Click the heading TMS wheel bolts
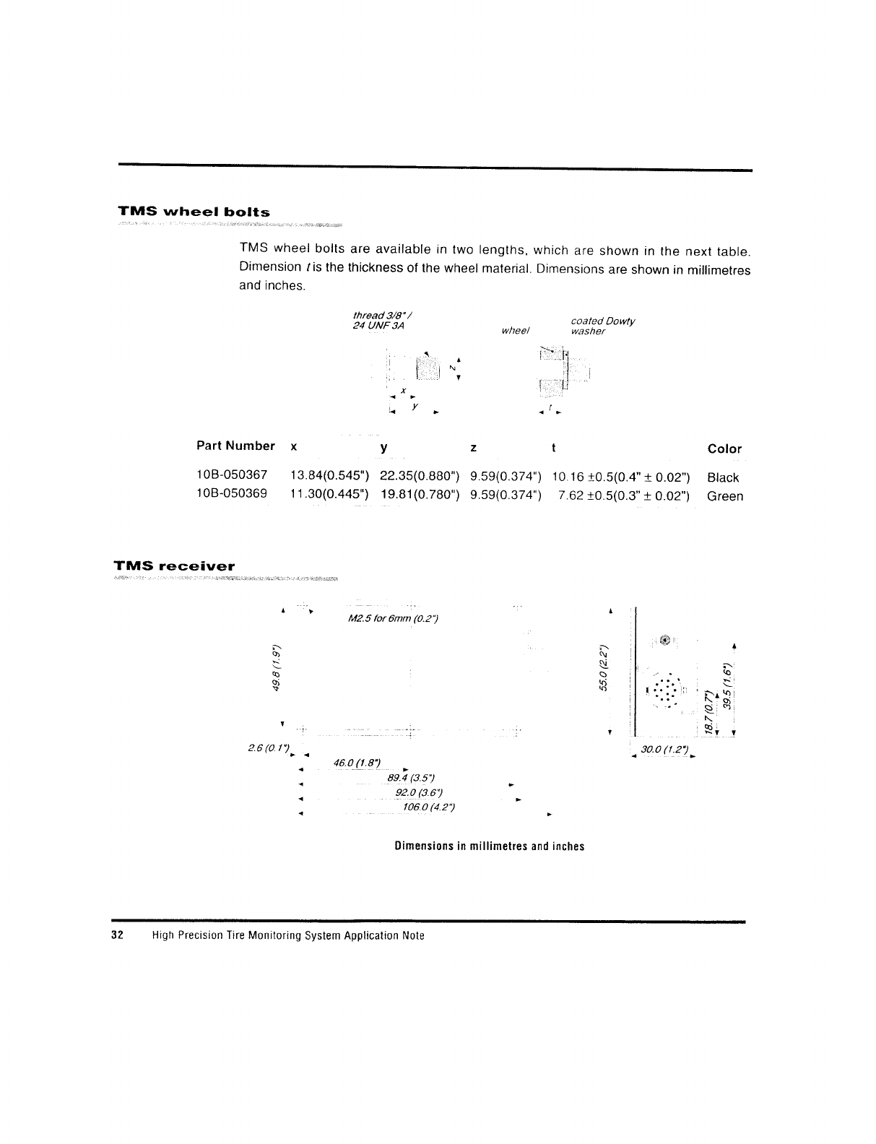194,212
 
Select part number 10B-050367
232,475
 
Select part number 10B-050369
232,494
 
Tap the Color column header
724,448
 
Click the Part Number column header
235,446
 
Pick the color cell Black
723,477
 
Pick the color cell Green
725,496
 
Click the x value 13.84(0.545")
329,476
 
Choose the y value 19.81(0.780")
420,495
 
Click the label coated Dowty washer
602,326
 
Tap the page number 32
118,936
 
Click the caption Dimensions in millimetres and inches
489,846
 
